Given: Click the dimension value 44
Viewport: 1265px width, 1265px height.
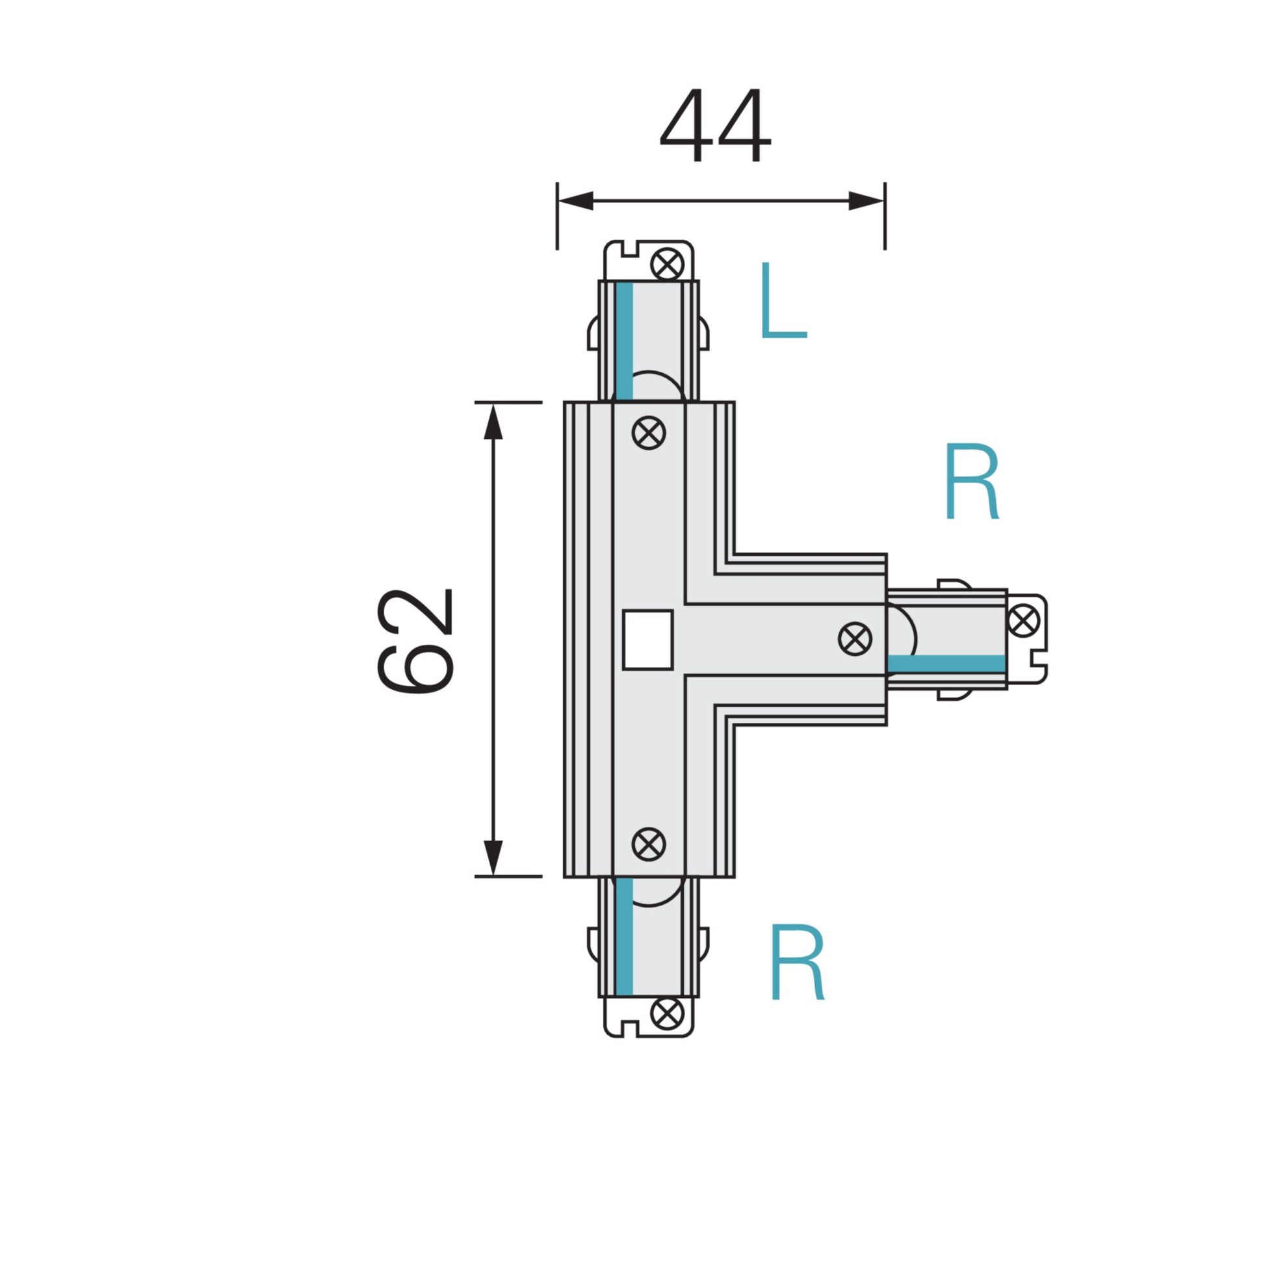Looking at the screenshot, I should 715,126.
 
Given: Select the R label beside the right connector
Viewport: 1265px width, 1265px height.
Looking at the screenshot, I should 972,482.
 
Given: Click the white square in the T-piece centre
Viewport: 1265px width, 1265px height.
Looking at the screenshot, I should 647,640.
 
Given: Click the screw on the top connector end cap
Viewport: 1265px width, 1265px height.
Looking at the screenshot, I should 667,265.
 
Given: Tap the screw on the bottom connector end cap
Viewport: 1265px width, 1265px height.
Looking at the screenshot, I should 667,1013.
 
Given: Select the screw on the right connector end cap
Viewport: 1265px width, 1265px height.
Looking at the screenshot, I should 1024,619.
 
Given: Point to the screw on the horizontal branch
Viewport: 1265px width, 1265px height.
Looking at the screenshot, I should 855,638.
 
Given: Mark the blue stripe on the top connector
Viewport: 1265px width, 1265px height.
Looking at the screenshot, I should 624,341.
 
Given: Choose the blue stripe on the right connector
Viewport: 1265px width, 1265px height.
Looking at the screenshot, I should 946,663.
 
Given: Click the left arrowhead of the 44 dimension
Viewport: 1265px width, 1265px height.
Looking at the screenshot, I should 575,201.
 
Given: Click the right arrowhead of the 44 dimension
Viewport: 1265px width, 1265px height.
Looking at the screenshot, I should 867,201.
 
